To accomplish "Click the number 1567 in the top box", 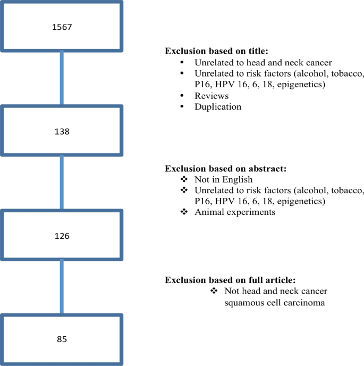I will tap(63, 27).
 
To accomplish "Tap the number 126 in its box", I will tap(63, 235).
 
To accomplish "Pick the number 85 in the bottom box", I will tap(63, 338).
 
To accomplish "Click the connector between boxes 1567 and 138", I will tap(63, 78).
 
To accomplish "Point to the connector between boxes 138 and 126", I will tap(63, 182).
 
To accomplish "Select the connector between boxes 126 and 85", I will tap(63, 287).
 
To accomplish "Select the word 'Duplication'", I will tap(218, 106).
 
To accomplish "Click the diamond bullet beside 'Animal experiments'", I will tap(184, 212).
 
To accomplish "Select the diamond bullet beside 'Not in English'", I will tap(184, 180).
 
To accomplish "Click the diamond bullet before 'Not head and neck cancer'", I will tap(214, 291).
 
